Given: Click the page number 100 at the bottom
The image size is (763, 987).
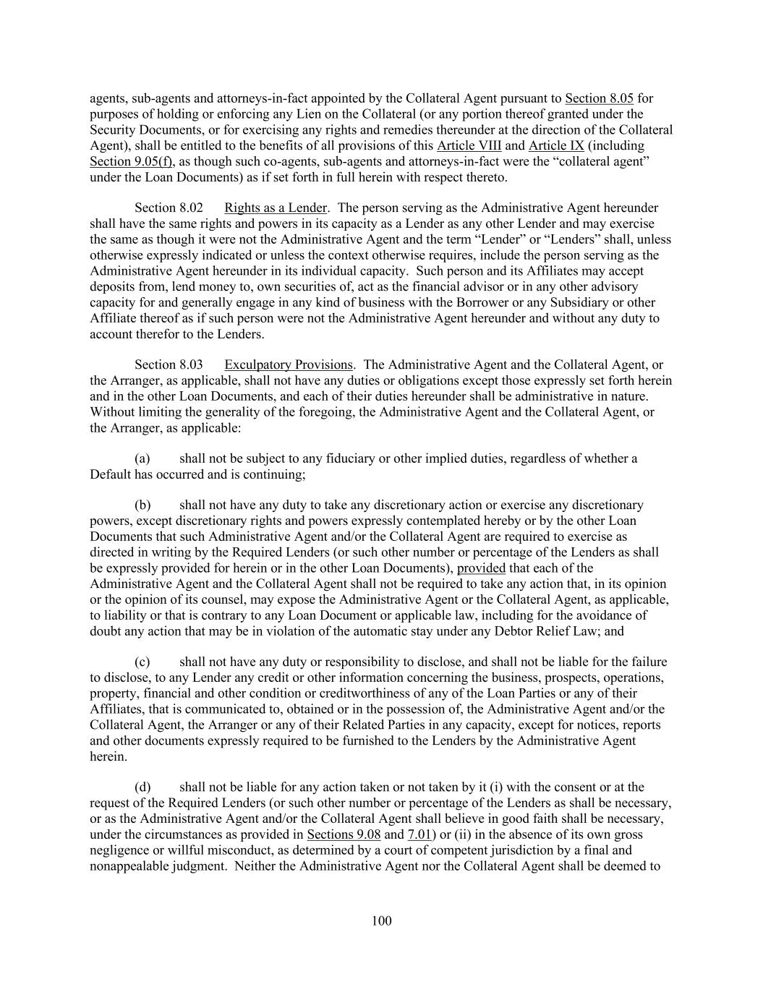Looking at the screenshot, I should [x=381, y=920].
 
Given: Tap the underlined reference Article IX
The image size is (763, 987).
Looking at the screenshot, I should [x=556, y=145].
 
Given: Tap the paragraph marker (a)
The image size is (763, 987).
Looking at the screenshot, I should [x=142, y=459].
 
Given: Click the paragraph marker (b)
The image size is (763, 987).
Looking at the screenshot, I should [x=142, y=505].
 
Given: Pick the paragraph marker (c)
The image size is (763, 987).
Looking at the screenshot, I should [x=142, y=662].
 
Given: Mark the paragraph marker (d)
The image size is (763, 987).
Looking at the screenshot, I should [x=142, y=787].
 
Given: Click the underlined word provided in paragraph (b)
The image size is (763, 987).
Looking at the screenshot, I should [x=481, y=568].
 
